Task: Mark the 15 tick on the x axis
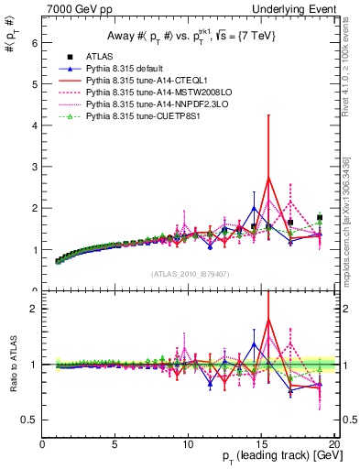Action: [x=261, y=445]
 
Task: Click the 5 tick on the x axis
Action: [x=115, y=445]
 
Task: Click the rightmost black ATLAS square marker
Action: [x=320, y=218]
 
